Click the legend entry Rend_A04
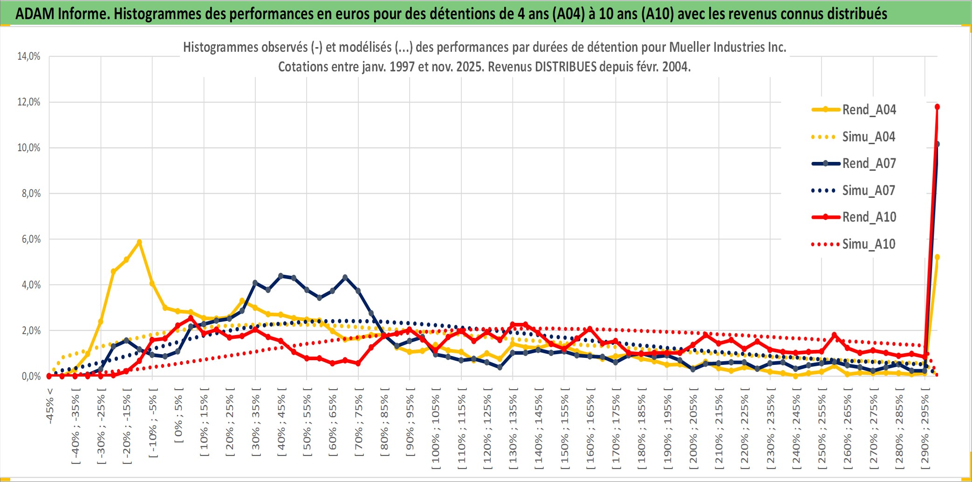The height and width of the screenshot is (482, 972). click(869, 110)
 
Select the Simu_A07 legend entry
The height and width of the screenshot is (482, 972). click(869, 190)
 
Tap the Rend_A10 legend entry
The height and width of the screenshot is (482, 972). click(869, 217)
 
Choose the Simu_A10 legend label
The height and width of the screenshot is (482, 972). click(869, 244)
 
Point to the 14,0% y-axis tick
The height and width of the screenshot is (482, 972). click(29, 56)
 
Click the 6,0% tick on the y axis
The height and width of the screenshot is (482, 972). click(31, 239)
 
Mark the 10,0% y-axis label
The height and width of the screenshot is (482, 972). click(29, 148)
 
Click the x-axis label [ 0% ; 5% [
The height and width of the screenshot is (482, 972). click(178, 419)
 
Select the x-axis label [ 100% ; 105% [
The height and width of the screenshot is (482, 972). click(436, 429)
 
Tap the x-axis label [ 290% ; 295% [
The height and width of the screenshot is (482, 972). click(925, 429)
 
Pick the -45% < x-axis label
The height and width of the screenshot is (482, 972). click(50, 406)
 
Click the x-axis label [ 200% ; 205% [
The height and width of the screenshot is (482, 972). click(693, 429)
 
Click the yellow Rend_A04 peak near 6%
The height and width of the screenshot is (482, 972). click(139, 242)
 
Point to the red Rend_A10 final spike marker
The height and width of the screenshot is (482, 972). click(937, 107)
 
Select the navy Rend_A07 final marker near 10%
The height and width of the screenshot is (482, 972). click(937, 144)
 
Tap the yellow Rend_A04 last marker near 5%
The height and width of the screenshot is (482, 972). click(937, 257)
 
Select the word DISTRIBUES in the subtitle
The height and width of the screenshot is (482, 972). click(566, 67)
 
